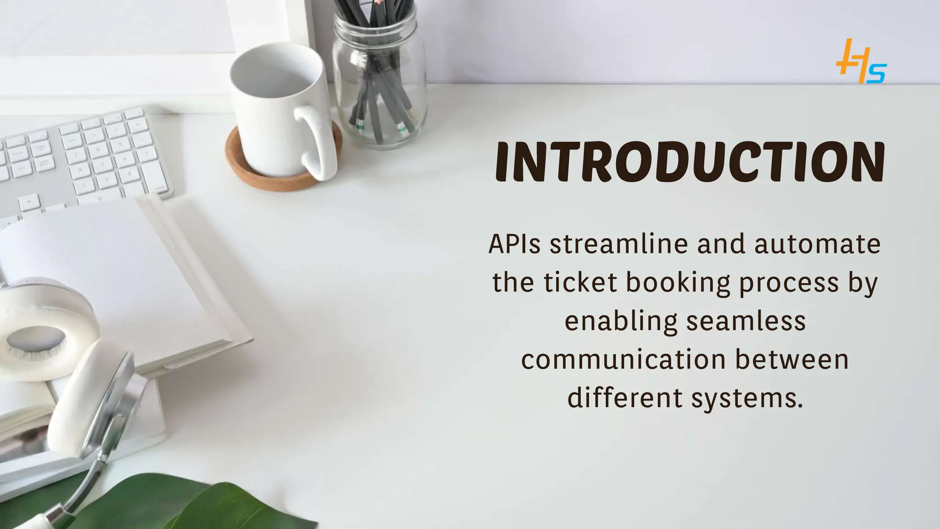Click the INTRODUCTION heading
point(690,162)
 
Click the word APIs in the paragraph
point(515,244)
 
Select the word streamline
point(619,244)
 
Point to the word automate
point(817,244)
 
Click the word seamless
point(746,321)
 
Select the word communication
point(623,360)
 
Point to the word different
point(625,398)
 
